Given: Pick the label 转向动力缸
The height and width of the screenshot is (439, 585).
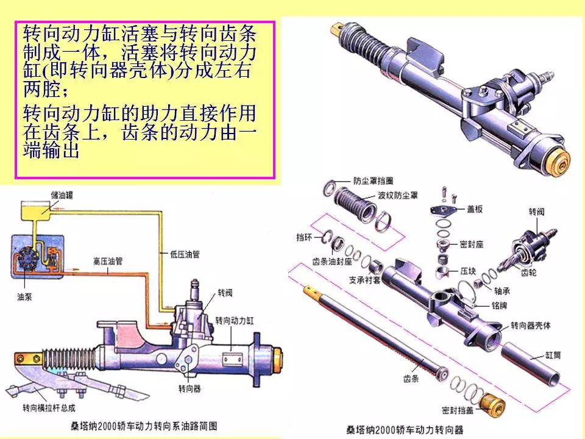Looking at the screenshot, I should tap(235, 319).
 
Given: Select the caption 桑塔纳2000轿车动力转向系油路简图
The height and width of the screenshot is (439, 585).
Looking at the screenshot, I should tap(143, 426).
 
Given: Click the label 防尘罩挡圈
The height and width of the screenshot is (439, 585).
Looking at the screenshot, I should tap(374, 181).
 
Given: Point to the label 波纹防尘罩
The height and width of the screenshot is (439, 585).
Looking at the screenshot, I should tap(397, 196).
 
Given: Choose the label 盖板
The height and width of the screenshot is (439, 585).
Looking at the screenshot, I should tap(475, 209).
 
